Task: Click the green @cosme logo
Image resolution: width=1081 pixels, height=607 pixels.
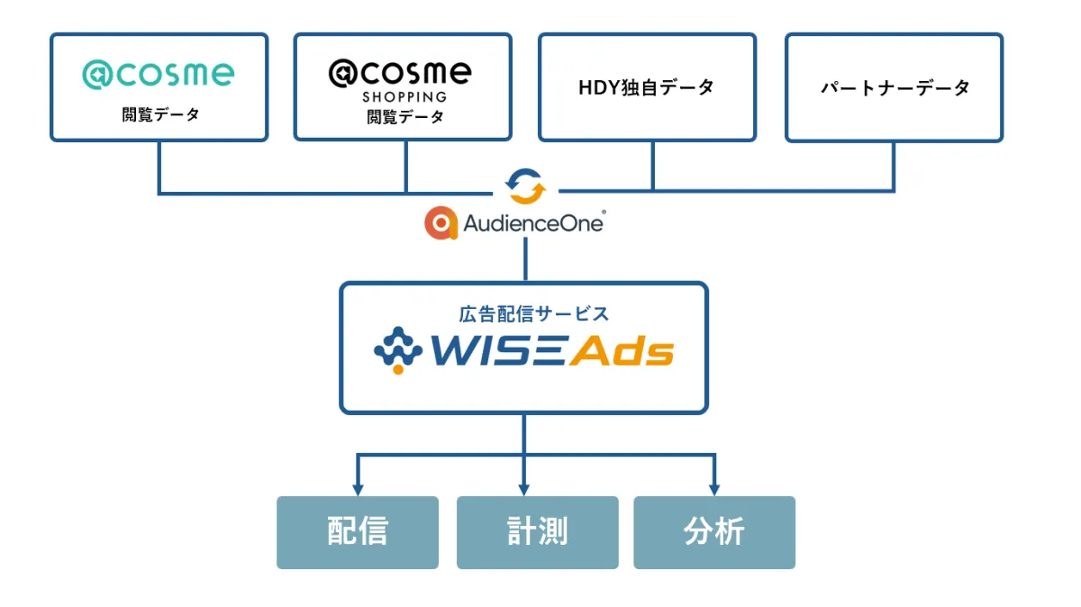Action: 159,75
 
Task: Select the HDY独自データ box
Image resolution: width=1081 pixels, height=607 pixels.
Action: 647,87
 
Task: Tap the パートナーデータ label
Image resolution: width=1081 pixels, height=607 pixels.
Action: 895,88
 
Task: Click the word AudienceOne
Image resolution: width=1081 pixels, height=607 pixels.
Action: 532,223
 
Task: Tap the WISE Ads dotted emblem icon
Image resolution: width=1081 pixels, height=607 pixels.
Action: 397,351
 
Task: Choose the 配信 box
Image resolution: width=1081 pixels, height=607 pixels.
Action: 357,532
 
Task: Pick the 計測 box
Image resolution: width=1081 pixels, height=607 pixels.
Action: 537,532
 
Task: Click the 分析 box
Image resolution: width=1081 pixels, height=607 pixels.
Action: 713,532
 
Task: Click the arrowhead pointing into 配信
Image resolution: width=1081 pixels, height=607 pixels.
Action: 358,489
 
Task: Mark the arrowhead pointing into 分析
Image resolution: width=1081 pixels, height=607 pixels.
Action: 714,489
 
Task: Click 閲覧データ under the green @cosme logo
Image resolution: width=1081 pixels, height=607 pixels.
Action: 160,114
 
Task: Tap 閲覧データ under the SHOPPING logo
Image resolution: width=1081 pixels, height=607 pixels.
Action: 404,116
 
